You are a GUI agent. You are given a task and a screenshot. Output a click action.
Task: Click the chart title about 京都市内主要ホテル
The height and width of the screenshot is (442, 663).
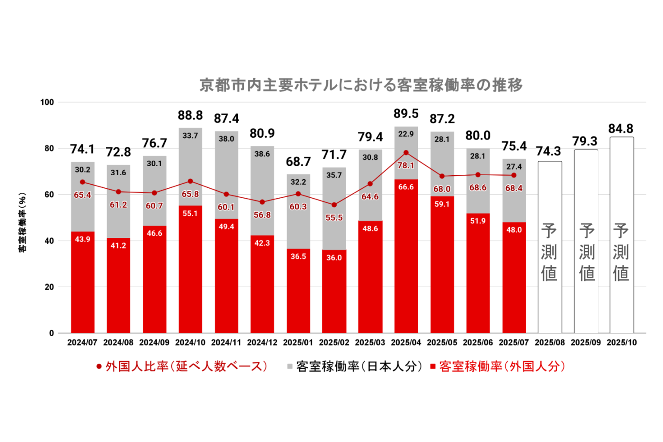361,85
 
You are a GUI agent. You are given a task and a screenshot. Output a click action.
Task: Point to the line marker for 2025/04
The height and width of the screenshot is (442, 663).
406,153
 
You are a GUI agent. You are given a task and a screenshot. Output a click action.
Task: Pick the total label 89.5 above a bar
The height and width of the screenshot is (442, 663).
406,114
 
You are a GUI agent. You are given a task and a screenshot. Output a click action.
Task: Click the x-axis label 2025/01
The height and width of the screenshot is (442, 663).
298,343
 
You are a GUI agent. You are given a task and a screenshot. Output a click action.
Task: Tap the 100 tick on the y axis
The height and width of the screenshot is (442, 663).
47,102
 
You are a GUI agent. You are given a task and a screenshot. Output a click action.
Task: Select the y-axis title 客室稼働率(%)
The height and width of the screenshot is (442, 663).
22,222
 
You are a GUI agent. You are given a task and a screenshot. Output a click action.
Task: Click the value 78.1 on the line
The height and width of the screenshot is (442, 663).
406,165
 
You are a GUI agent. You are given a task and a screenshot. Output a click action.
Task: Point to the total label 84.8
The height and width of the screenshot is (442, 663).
621,129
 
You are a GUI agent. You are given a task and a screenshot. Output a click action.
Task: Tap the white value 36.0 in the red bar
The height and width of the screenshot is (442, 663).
334,258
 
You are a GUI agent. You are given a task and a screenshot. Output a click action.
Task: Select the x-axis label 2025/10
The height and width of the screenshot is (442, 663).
622,343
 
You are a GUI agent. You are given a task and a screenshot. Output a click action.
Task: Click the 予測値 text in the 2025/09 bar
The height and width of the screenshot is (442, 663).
586,253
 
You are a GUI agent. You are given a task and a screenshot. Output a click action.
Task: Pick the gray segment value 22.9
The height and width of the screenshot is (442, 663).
406,134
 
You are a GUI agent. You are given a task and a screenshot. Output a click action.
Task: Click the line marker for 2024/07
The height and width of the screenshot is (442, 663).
82,182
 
